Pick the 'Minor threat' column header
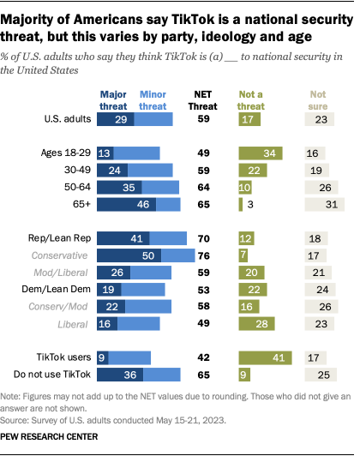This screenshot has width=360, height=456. tap(153, 99)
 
